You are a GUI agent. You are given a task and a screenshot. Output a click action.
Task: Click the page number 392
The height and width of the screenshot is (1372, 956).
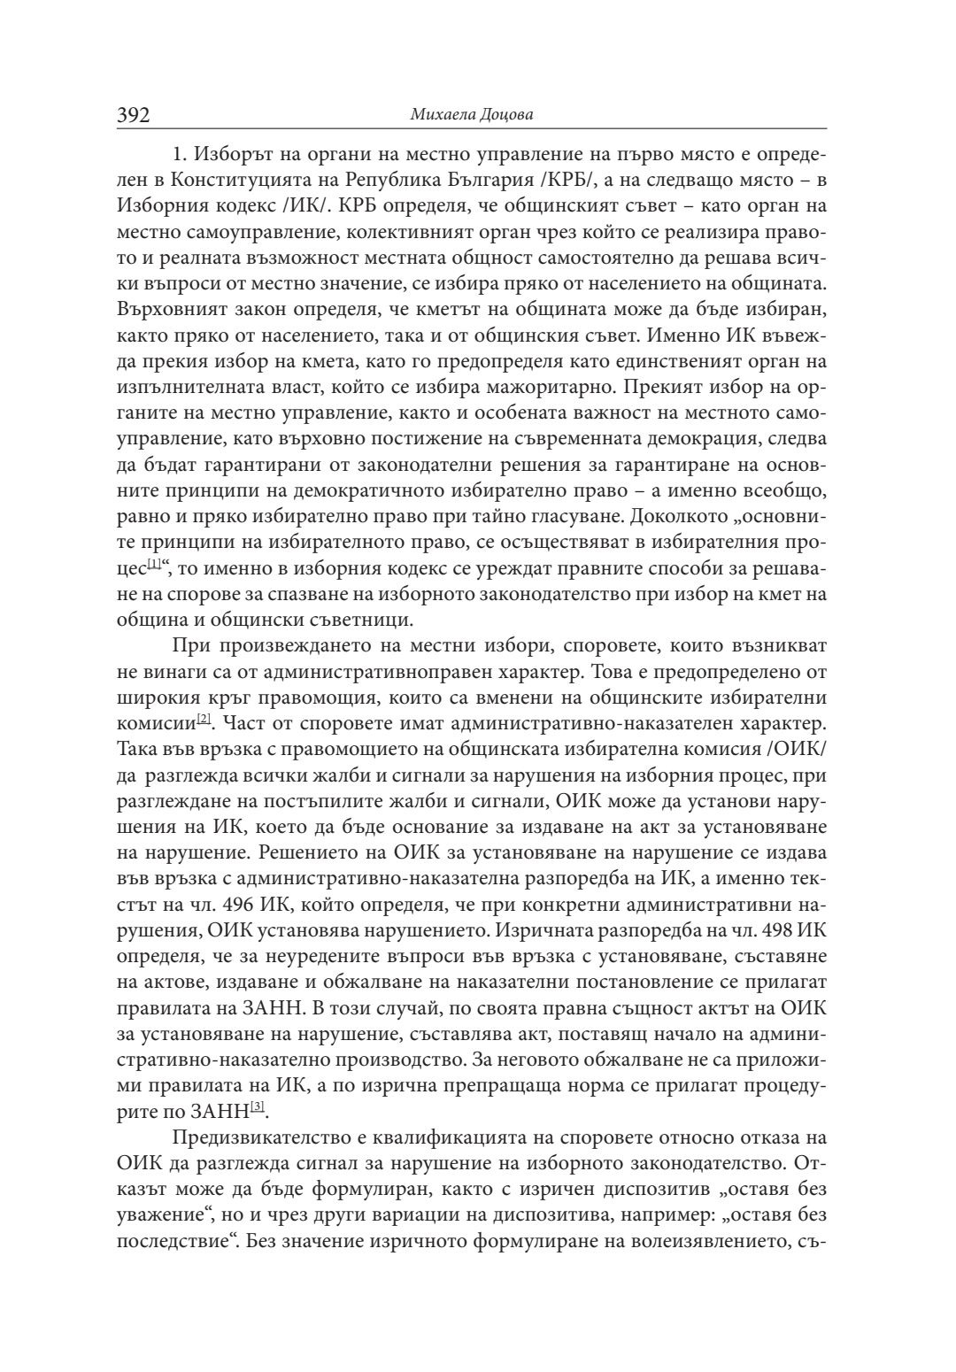[x=134, y=116]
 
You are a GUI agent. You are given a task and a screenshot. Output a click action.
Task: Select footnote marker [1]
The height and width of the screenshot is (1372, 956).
[x=154, y=564]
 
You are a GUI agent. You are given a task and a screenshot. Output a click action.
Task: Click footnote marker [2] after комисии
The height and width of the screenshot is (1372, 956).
[x=204, y=720]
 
